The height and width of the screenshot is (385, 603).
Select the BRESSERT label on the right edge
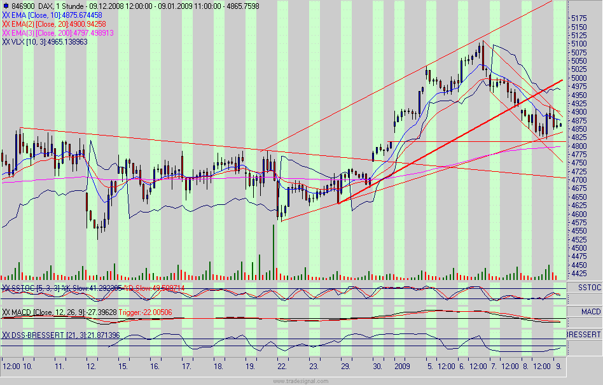point(584,334)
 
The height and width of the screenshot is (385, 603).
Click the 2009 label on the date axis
point(402,367)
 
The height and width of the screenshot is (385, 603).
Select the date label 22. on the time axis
point(282,367)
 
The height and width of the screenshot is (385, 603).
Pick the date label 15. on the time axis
point(123,367)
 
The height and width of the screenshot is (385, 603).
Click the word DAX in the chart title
point(43,6)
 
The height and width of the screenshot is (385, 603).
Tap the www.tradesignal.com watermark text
point(301,381)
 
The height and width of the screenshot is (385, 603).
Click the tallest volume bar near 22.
point(274,252)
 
